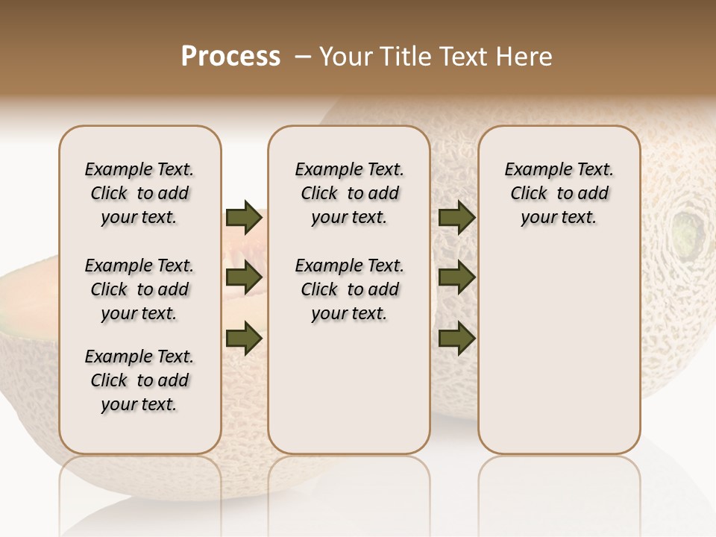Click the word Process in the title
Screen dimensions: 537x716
[230, 57]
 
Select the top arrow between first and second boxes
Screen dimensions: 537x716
[244, 218]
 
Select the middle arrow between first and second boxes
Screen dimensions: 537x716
[244, 278]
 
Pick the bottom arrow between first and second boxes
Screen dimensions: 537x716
[244, 338]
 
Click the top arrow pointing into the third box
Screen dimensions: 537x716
[456, 218]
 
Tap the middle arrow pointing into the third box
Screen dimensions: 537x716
[456, 278]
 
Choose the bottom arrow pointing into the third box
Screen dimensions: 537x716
[456, 338]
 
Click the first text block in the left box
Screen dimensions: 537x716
[139, 193]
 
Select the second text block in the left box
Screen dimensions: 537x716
[139, 289]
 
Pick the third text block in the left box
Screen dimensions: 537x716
[139, 380]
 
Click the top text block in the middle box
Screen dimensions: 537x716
[349, 193]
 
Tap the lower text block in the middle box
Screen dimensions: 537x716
[349, 289]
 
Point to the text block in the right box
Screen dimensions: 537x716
[559, 193]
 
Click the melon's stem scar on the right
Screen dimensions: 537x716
[687, 232]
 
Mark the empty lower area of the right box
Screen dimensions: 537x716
[559, 351]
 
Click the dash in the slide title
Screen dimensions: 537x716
[303, 57]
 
